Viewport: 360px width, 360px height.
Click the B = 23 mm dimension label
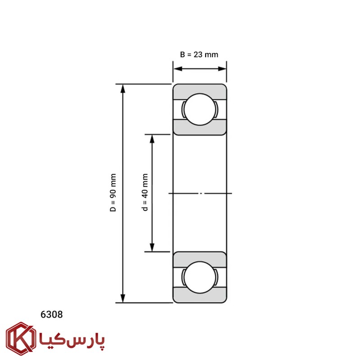tap(199, 54)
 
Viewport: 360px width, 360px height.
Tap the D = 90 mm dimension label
tap(113, 193)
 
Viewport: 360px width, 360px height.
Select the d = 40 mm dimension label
tap(145, 193)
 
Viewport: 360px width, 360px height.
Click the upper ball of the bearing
tap(200, 109)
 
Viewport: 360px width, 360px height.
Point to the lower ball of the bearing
tap(200, 277)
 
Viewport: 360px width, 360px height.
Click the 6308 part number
tap(51, 315)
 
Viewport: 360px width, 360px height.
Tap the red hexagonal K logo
tap(21, 339)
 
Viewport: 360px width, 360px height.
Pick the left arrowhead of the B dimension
tap(178, 69)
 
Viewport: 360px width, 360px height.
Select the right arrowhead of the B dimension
tap(222, 69)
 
